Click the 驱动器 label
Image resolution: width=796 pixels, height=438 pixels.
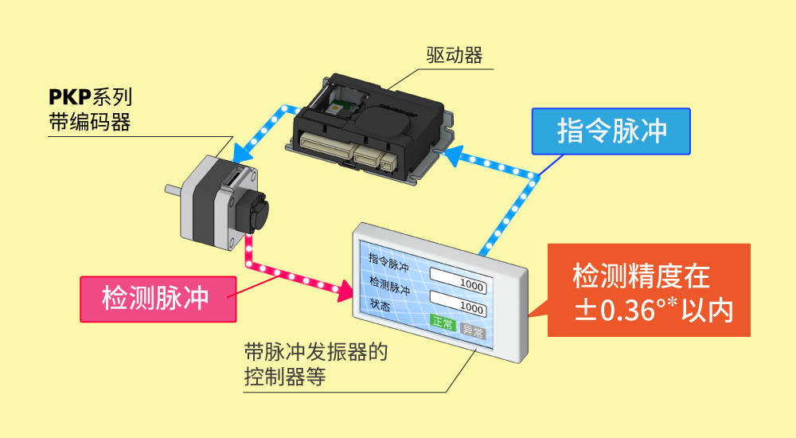click(x=455, y=55)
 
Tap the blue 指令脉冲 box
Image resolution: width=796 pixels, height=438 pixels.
click(x=611, y=131)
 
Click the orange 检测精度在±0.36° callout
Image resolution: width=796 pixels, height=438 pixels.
click(x=650, y=291)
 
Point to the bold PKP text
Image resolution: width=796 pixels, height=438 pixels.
click(x=69, y=98)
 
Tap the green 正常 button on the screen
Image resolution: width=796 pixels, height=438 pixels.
click(x=442, y=323)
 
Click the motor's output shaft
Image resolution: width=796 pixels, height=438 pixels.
click(x=172, y=191)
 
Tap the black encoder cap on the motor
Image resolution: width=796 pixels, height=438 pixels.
click(x=254, y=211)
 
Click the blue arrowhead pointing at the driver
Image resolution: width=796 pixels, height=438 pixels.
click(x=455, y=155)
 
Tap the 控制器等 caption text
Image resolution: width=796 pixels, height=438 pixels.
click(x=284, y=376)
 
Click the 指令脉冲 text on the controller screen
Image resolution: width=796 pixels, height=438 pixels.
click(x=389, y=261)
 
